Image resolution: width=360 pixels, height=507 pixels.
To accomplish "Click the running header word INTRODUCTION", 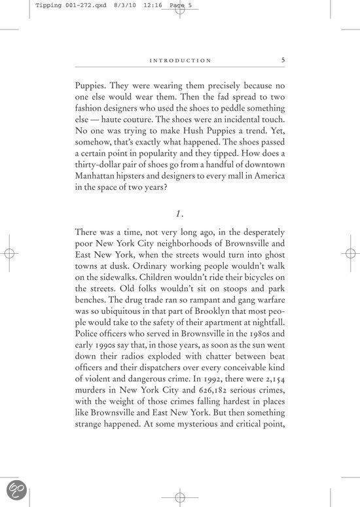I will tap(180, 61).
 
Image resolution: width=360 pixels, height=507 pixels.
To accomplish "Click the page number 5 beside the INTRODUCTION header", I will tap(283, 60).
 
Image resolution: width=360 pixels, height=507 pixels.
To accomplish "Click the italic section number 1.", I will tap(179, 213).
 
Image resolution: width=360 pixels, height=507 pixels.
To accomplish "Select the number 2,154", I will tap(272, 370).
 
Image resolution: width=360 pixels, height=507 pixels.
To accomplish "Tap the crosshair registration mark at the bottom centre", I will tap(180, 497).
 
